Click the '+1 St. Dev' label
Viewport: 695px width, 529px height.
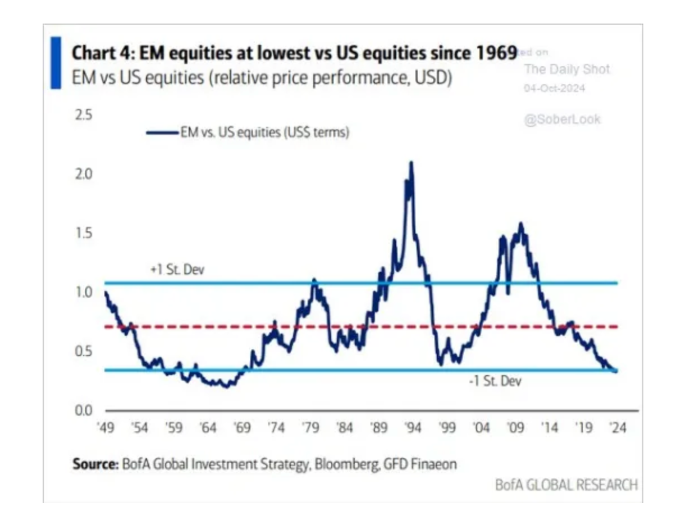[x=177, y=270]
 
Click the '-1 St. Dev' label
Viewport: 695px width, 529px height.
[x=495, y=382]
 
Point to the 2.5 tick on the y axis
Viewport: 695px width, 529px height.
[x=83, y=115]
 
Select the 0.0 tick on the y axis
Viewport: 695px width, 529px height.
[x=83, y=411]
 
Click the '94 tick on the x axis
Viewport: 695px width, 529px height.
[x=413, y=428]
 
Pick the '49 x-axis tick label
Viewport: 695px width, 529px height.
[x=106, y=428]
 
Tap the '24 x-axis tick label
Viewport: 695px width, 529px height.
[x=618, y=428]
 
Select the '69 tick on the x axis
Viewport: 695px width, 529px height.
[x=242, y=428]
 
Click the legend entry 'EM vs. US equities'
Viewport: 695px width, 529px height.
[x=264, y=133]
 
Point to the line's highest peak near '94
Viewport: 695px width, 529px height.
[x=411, y=163]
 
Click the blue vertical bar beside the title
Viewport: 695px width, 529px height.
[x=56, y=62]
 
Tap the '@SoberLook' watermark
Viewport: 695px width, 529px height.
[x=562, y=120]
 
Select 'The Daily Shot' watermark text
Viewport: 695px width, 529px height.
[x=566, y=69]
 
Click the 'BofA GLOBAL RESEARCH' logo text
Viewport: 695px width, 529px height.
[x=566, y=485]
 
